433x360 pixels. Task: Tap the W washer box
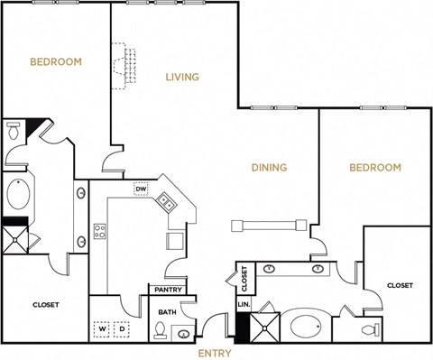pos(103,328)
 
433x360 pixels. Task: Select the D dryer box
pos(123,328)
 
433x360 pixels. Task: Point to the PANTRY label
pos(169,291)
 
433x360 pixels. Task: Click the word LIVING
pos(181,77)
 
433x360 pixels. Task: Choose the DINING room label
pos(269,168)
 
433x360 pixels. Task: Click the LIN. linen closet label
pos(243,306)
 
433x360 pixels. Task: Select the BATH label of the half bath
pos(167,312)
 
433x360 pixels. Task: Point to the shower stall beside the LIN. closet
pos(266,326)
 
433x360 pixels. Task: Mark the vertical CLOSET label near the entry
pos(243,281)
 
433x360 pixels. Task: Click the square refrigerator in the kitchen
pos(174,240)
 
